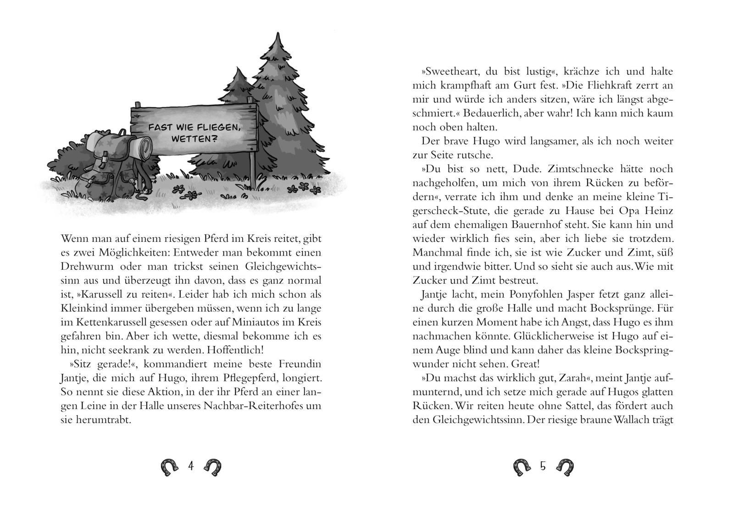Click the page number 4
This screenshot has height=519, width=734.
pos(191,466)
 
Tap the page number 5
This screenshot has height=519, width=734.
pos(543,466)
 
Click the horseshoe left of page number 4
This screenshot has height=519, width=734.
pos(169,467)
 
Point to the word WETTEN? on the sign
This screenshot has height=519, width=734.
pos(194,138)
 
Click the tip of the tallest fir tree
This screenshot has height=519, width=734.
pos(277,35)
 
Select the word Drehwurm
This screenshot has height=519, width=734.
pos(81,267)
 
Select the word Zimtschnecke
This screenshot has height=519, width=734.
pos(582,169)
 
